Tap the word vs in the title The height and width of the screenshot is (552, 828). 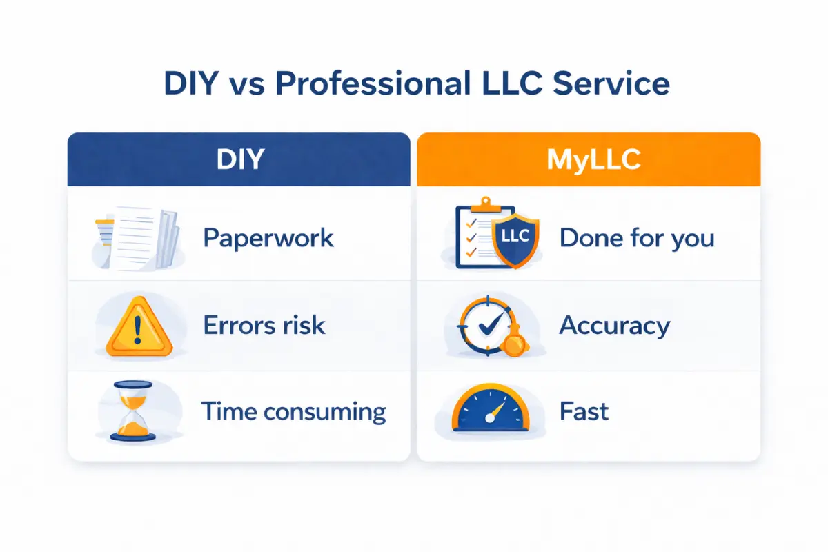(x=246, y=84)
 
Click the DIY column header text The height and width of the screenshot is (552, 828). (x=239, y=159)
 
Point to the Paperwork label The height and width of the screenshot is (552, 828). (x=268, y=238)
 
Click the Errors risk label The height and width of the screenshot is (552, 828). (x=264, y=325)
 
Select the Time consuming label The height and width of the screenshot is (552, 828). (x=293, y=412)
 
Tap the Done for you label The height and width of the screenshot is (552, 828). (x=637, y=238)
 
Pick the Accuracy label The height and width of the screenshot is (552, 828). (x=614, y=325)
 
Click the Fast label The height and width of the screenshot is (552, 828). (x=584, y=412)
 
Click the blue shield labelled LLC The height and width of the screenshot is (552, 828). (x=515, y=238)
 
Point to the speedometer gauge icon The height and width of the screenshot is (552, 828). (x=492, y=412)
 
